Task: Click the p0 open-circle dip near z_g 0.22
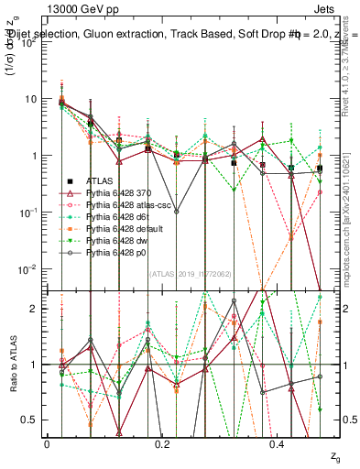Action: click(177, 212)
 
